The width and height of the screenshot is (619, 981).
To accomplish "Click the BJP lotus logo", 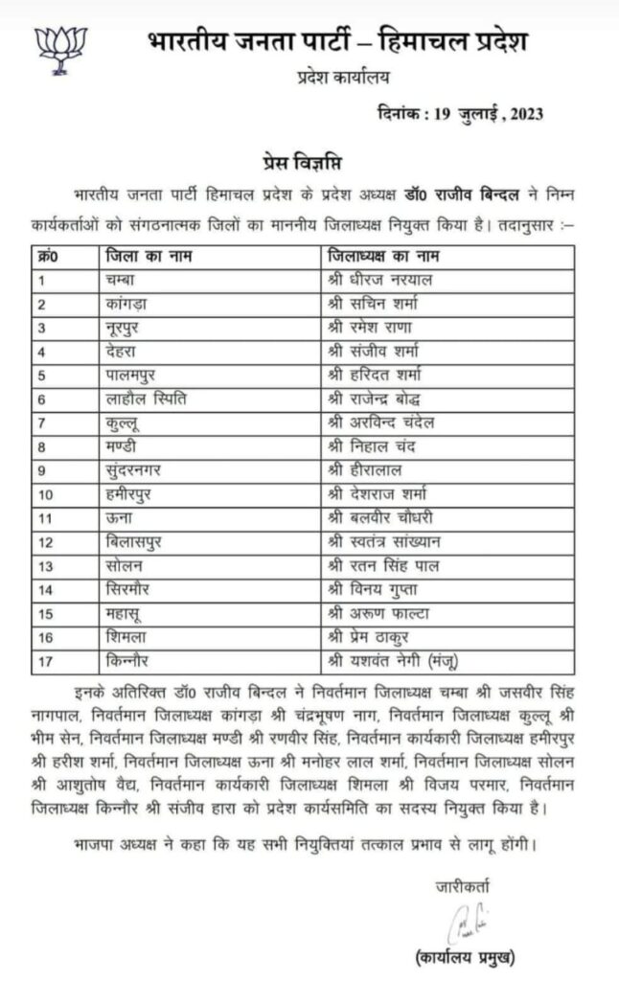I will [60, 50].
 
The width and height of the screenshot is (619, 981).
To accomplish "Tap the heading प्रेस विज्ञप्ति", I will [308, 157].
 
